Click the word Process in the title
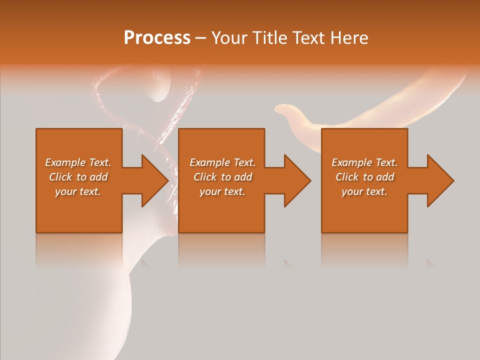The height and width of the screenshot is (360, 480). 157,38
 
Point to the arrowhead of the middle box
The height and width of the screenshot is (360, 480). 297,180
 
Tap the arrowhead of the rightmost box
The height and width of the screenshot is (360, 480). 440,180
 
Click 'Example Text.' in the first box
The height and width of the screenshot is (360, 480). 78,162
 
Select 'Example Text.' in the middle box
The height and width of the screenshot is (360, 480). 222,162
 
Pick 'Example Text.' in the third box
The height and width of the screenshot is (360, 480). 364,162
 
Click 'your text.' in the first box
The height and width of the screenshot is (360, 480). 78,191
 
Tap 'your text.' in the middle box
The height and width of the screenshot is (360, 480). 222,191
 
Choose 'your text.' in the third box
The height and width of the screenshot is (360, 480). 364,191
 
